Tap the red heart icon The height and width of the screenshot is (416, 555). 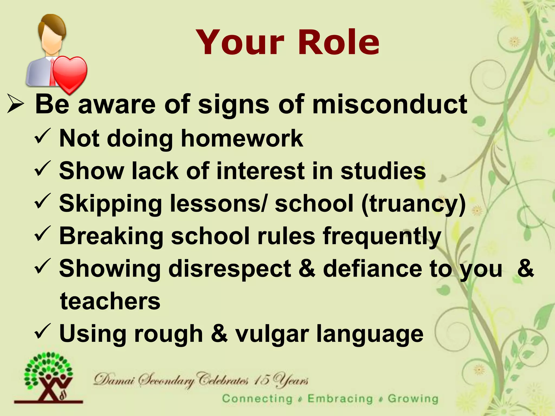pos(70,74)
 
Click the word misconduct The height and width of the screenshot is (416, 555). pos(390,104)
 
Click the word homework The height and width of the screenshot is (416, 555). pos(242,138)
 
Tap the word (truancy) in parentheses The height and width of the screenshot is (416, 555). pos(414,204)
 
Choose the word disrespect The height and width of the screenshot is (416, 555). pos(229,269)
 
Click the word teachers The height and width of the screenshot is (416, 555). pos(110,301)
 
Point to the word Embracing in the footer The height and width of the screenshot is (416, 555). pos(340,399)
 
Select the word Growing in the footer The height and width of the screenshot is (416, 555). pos(413,399)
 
